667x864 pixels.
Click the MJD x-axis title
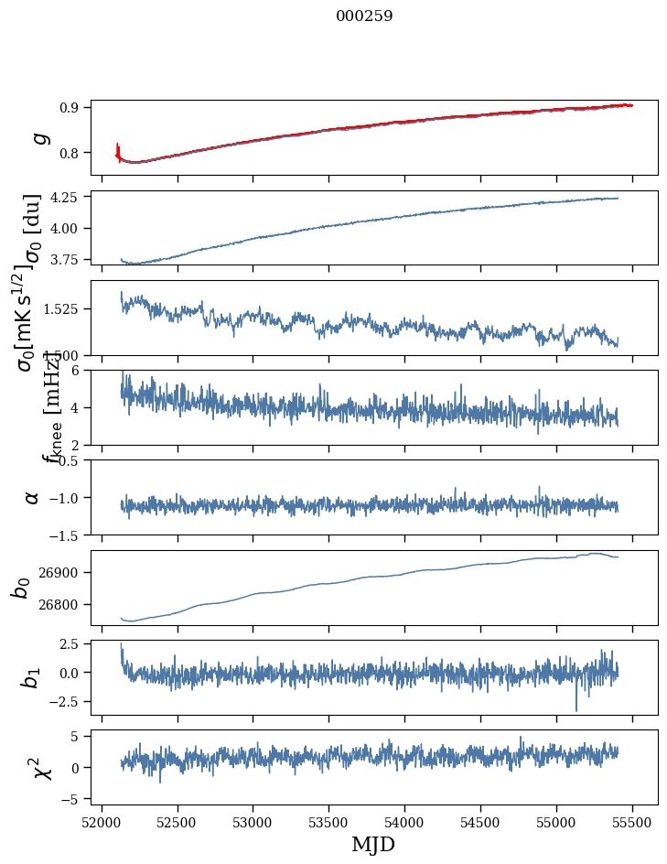pyautogui.click(x=373, y=844)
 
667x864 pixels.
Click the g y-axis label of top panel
pyautogui.click(x=38, y=137)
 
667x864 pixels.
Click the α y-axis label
pyautogui.click(x=33, y=497)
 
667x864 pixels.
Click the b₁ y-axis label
pyautogui.click(x=30, y=677)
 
